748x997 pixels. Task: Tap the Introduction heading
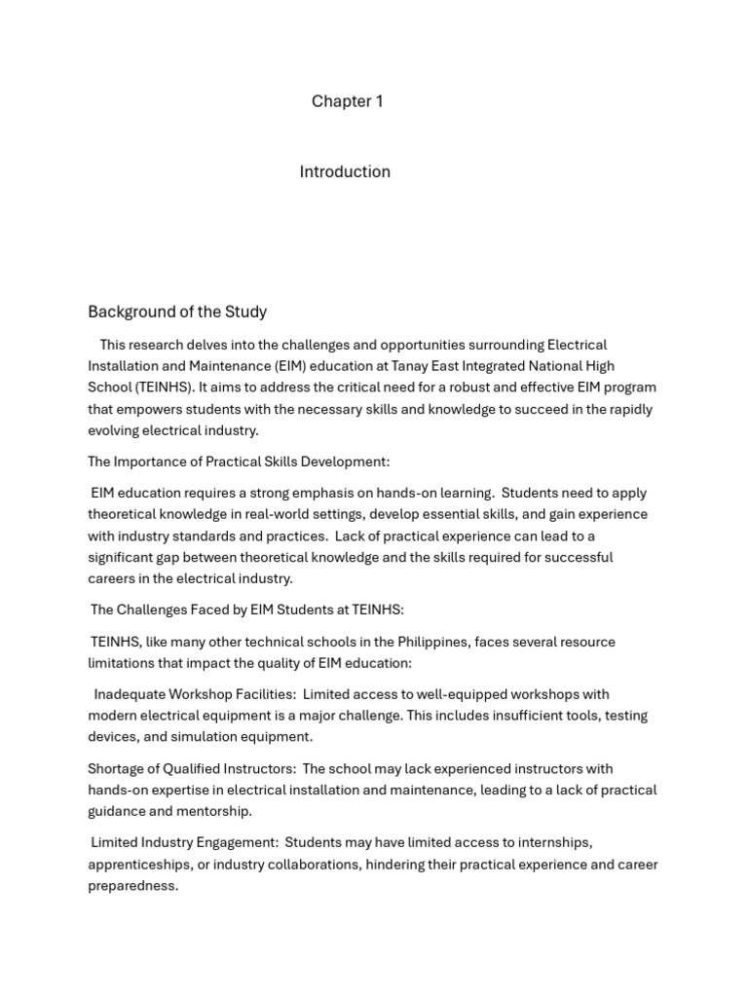345,171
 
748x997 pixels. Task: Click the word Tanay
411,366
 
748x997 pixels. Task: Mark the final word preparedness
132,886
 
